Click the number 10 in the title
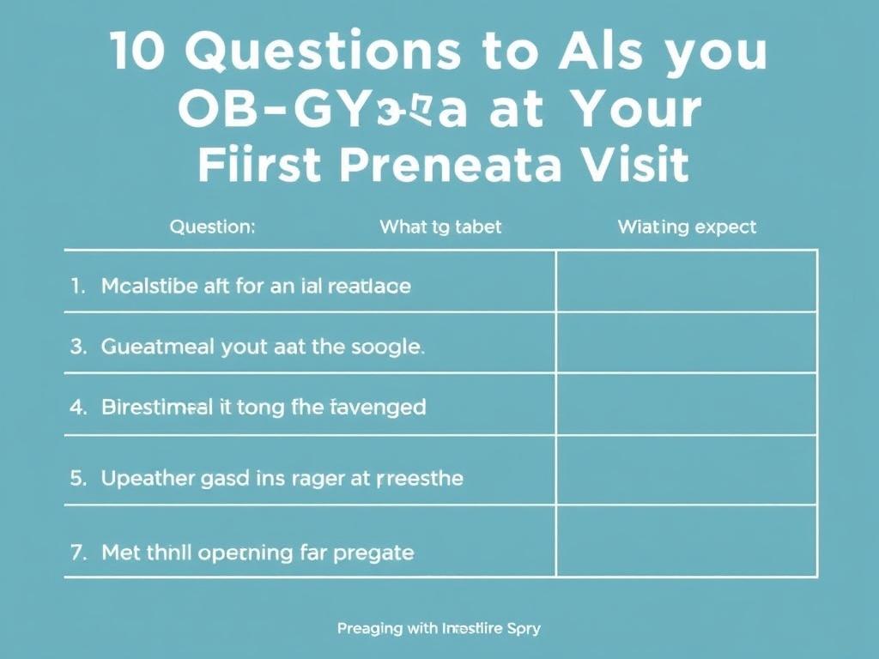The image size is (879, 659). tap(137, 54)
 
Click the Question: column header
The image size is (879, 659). tap(212, 227)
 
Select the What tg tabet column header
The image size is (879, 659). tap(440, 227)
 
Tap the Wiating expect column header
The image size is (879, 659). tap(687, 227)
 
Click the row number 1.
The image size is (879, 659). tap(78, 286)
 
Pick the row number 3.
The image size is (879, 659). tap(78, 348)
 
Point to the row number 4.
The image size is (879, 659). tap(78, 407)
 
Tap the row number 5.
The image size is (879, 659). tap(78, 478)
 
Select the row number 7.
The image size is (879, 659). tap(78, 553)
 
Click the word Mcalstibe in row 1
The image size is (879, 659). tap(151, 286)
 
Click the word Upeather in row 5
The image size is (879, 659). tap(150, 478)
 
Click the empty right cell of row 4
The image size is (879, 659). tap(686, 404)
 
